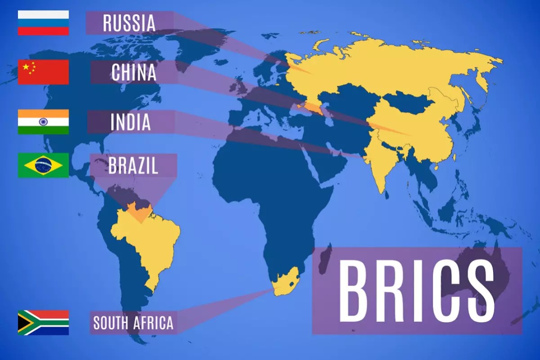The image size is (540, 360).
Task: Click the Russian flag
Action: pos(43,22)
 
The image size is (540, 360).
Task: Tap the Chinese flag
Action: pos(43,72)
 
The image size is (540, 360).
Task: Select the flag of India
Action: pos(43,121)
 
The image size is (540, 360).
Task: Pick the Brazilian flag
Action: pos(43,165)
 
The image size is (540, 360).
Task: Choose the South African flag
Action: pos(43,322)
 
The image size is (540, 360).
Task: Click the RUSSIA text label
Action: pos(129,23)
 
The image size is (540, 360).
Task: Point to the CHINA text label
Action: pos(134,72)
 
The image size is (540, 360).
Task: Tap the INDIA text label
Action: pos(130,122)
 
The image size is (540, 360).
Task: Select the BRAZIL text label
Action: pos(133,165)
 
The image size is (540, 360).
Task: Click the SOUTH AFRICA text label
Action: pos(133,323)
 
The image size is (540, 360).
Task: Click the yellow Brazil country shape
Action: pos(148,243)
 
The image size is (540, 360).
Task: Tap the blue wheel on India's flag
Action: pos(43,121)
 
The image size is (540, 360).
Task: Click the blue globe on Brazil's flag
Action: pos(43,165)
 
